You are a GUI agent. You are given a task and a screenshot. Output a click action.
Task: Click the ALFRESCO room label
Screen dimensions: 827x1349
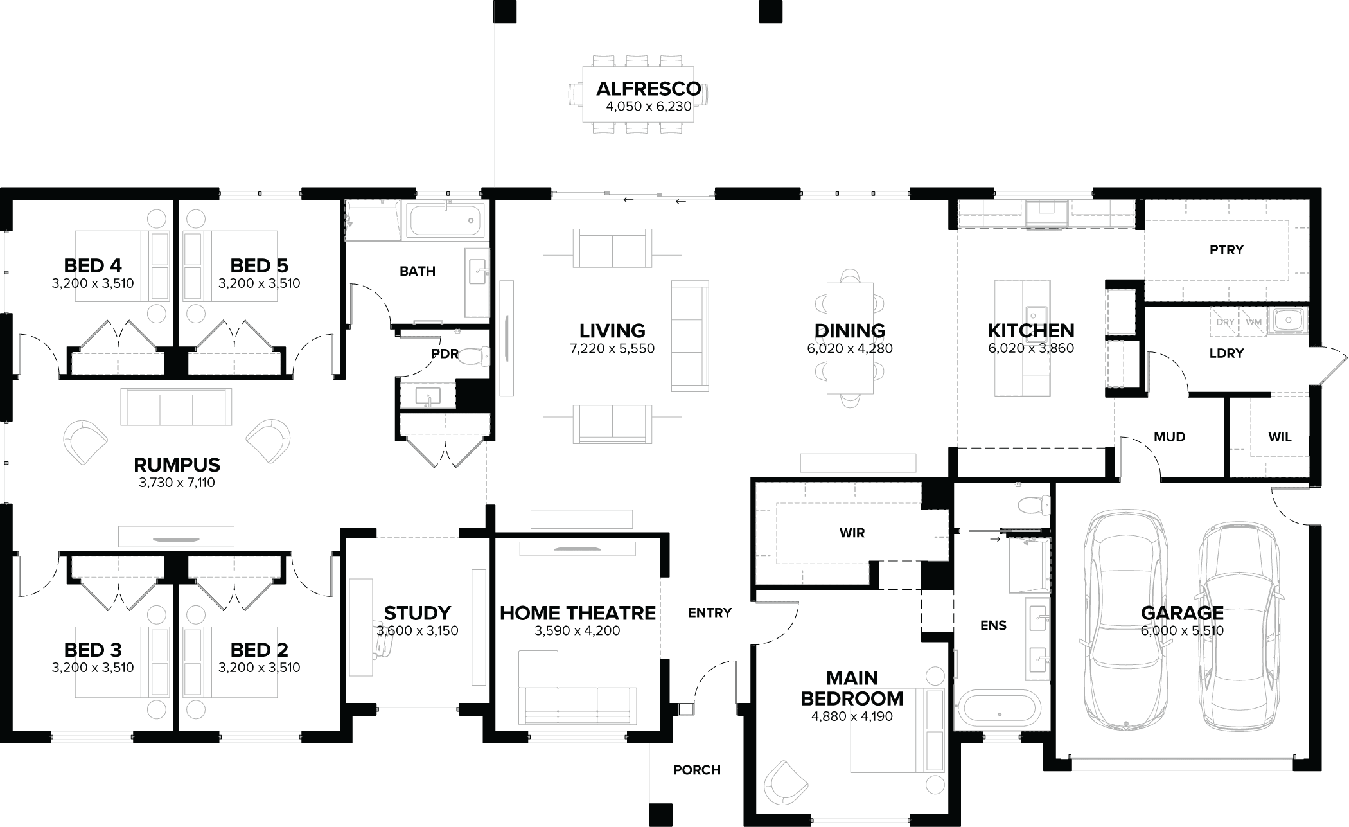pos(648,89)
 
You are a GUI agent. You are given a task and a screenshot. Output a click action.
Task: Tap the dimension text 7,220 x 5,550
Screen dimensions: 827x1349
pos(612,349)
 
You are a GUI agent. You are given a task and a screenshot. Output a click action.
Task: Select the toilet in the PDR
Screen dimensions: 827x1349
pos(476,355)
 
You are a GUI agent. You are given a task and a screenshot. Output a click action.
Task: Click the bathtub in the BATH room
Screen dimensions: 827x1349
pos(445,221)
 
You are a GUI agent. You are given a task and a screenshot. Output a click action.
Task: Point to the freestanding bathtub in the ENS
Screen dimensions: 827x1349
pos(997,711)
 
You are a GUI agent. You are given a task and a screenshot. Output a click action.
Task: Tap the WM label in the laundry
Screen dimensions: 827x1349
pos(1253,322)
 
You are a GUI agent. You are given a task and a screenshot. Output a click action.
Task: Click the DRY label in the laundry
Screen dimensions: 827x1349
pos(1224,322)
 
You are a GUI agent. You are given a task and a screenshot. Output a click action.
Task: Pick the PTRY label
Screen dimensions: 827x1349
pos(1226,249)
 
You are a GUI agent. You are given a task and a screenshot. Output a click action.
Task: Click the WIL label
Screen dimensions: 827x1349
pos(1280,437)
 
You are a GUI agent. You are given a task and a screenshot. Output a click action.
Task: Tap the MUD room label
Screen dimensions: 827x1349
pos(1169,437)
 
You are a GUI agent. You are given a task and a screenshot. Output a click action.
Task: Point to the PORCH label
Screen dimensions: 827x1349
pos(696,770)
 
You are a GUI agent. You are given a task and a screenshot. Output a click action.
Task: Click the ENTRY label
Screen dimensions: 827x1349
pos(709,613)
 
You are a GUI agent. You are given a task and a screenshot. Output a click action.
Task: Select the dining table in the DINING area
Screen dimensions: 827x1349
pos(849,338)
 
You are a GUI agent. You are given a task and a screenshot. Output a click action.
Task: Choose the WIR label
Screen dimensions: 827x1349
pos(852,533)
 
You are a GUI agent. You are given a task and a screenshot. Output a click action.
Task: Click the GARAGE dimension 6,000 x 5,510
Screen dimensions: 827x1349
pos(1182,631)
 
